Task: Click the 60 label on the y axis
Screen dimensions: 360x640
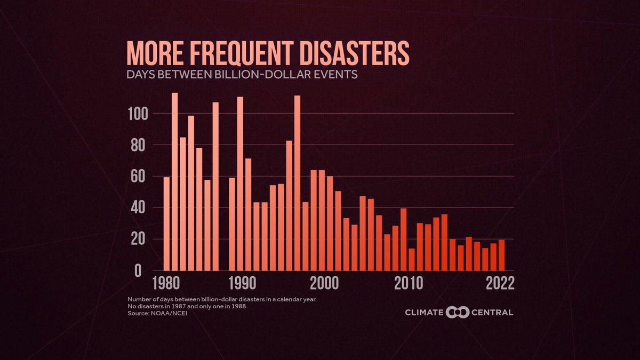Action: [140, 177]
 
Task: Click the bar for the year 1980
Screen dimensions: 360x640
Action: [166, 224]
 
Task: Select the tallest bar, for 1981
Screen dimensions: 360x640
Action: [174, 181]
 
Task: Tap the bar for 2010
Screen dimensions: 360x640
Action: [412, 260]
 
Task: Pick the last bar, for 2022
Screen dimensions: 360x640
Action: [501, 255]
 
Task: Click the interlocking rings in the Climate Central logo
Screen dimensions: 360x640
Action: [457, 312]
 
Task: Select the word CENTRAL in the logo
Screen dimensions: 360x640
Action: [492, 312]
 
